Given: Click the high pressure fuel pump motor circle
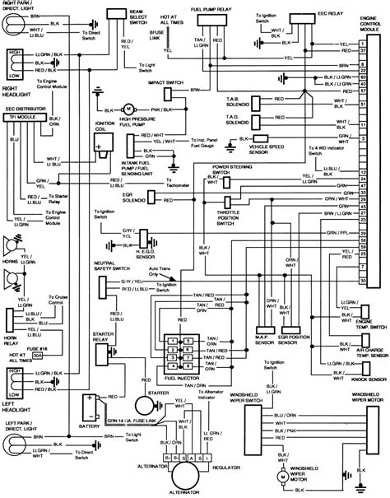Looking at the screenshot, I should point(128,108).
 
